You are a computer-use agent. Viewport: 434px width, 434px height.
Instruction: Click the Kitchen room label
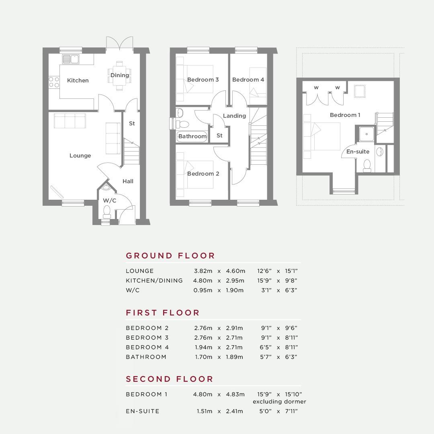pyautogui.click(x=78, y=80)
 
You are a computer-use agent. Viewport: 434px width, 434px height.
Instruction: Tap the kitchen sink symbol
pyautogui.click(x=71, y=59)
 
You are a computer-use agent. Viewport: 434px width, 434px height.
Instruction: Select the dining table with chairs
pyautogui.click(x=119, y=76)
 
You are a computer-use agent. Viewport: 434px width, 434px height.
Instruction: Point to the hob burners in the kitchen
pyautogui.click(x=54, y=82)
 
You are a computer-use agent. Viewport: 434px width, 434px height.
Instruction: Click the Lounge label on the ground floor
pyautogui.click(x=80, y=156)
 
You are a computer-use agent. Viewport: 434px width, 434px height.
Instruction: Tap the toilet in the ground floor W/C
pyautogui.click(x=107, y=212)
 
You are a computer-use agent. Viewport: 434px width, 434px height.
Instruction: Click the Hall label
pyautogui.click(x=128, y=181)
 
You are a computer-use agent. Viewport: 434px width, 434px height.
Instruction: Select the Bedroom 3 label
pyautogui.click(x=203, y=80)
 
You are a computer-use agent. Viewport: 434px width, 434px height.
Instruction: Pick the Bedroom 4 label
pyautogui.click(x=248, y=80)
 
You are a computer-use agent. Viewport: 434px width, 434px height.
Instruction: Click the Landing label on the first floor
pyautogui.click(x=234, y=116)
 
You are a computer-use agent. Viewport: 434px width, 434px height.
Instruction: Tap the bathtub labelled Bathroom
pyautogui.click(x=192, y=137)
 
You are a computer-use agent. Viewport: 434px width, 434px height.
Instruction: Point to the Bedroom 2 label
pyautogui.click(x=203, y=174)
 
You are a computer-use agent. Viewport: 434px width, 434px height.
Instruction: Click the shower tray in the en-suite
pyautogui.click(x=366, y=134)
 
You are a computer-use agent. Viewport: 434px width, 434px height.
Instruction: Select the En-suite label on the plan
pyautogui.click(x=358, y=151)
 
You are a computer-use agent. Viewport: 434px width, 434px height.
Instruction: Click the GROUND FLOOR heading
pyautogui.click(x=170, y=256)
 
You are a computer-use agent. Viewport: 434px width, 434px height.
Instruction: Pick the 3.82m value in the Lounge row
pyautogui.click(x=203, y=271)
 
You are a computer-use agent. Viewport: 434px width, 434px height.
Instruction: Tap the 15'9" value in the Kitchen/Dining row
pyautogui.click(x=264, y=280)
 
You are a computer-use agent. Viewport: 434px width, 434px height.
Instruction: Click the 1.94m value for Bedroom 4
pyautogui.click(x=203, y=347)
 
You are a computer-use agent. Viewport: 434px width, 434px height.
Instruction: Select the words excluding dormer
pyautogui.click(x=279, y=401)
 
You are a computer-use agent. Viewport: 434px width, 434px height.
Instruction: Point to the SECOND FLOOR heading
pyautogui.click(x=170, y=379)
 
